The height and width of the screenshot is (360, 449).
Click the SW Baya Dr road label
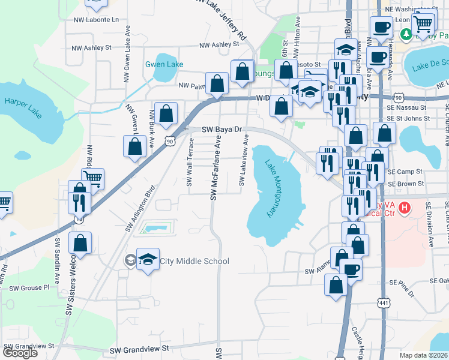221,129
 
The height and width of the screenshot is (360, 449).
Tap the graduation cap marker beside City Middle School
148,259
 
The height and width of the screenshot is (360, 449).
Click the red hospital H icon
405,208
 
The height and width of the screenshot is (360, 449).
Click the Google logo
20,353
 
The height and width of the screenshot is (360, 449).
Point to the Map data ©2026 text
424,355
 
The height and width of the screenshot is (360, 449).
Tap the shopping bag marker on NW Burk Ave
167,112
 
